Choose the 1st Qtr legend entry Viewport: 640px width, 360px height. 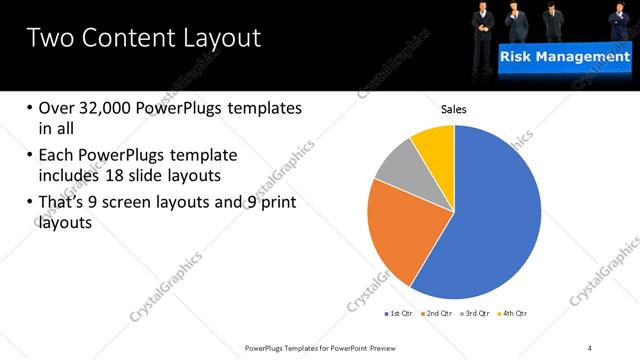tap(399, 313)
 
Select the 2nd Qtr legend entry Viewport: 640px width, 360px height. tap(440, 313)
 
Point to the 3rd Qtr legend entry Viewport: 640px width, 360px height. tap(478, 313)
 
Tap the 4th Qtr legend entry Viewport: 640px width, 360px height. tap(514, 313)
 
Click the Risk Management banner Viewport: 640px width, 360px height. tap(565, 58)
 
